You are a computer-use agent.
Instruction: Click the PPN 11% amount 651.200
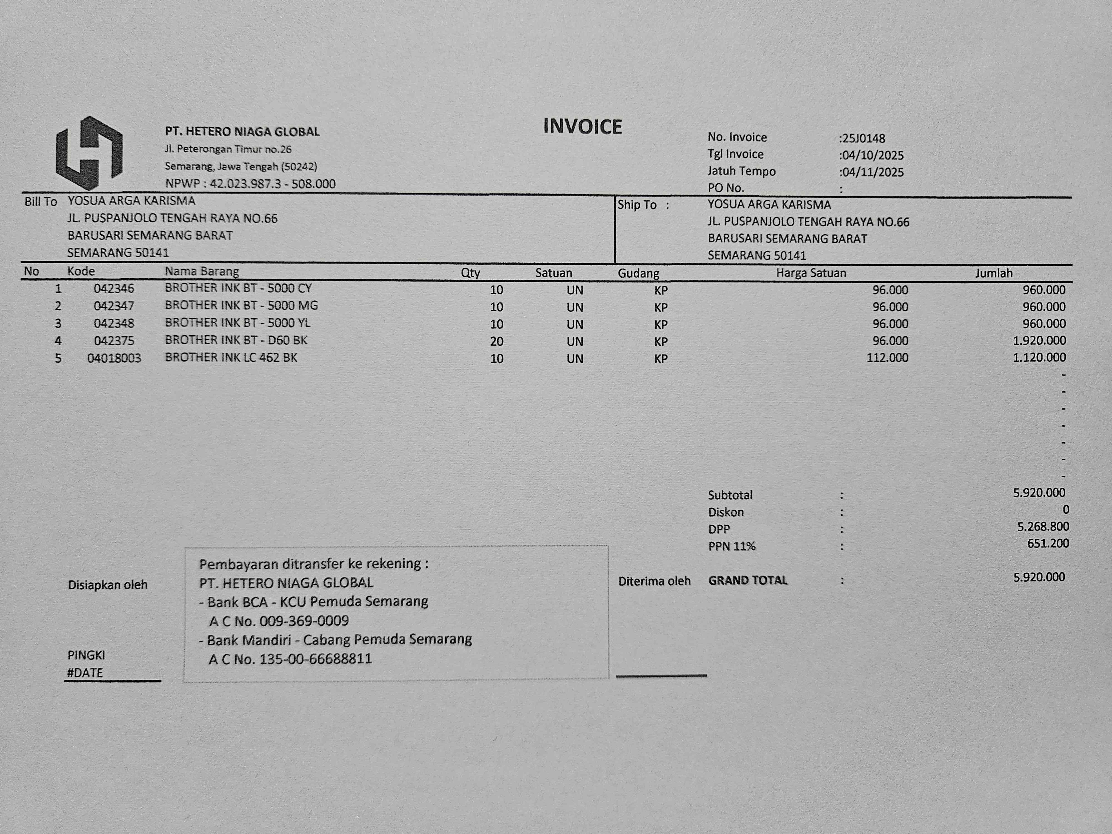[1048, 543]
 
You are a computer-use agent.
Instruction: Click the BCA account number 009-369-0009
[304, 621]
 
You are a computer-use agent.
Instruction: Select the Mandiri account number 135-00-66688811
[315, 659]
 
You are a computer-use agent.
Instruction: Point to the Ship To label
[637, 205]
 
